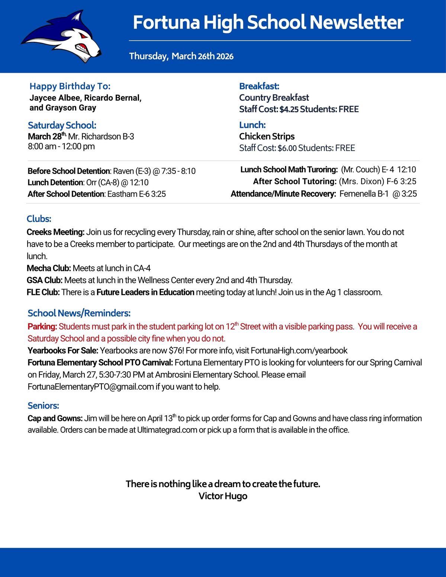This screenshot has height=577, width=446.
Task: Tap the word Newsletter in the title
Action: click(356, 22)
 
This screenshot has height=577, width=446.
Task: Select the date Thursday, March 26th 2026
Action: click(181, 56)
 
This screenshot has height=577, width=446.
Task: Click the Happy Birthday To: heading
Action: click(70, 86)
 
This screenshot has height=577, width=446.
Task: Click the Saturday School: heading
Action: click(62, 125)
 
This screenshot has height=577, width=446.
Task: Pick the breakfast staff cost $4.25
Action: click(289, 109)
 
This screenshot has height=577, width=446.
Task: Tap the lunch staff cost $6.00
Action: click(287, 148)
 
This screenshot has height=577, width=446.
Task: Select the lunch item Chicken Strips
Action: click(267, 136)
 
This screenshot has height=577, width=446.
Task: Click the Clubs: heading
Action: click(39, 219)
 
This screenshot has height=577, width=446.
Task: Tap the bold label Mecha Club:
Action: click(49, 268)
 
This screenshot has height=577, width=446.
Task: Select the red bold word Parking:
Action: click(42, 327)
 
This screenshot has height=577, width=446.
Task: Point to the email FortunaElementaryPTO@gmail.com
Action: click(91, 387)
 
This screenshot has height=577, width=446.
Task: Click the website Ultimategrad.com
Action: click(167, 430)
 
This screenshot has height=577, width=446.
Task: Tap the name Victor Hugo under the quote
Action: click(223, 496)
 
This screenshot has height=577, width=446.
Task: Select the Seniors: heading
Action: click(43, 405)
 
